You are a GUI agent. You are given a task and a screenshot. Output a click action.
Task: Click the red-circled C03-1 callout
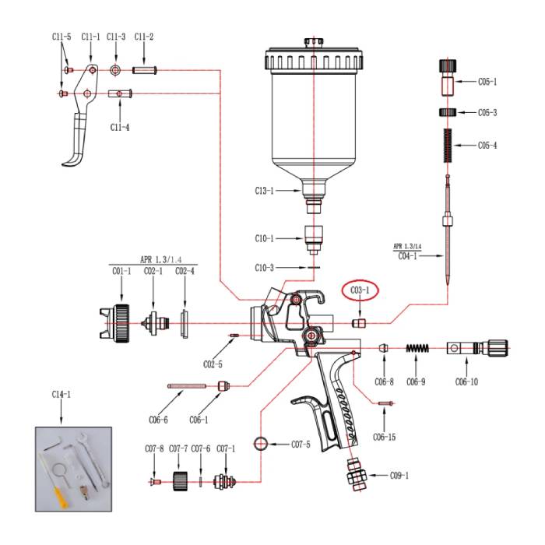pyautogui.click(x=358, y=290)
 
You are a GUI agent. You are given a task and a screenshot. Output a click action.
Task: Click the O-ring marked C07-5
pyautogui.click(x=261, y=445)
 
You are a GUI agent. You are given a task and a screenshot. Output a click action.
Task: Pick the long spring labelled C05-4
pyautogui.click(x=446, y=145)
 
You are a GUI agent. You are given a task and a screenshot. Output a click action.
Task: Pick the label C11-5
pyautogui.click(x=62, y=37)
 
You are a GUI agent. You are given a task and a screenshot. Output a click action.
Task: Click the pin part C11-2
pyautogui.click(x=145, y=70)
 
